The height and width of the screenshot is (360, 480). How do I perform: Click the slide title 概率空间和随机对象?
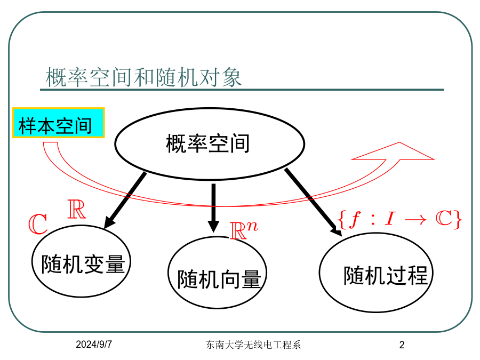click(x=143, y=77)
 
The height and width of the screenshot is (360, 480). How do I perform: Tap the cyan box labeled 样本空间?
click(x=59, y=123)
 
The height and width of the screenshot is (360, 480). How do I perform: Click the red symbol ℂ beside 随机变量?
click(x=38, y=224)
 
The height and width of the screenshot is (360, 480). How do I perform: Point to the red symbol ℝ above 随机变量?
click(x=76, y=209)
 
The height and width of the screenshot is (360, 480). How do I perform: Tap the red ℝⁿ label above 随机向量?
click(x=244, y=230)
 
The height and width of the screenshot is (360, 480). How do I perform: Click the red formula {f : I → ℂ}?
click(x=399, y=219)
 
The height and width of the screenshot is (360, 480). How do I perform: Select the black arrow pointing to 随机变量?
click(x=125, y=201)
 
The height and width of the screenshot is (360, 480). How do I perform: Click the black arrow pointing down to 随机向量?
click(x=213, y=208)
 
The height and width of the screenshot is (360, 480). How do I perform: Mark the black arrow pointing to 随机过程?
click(x=314, y=202)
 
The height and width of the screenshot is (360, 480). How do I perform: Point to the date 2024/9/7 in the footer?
click(x=94, y=345)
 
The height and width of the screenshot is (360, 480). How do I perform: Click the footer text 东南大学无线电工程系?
click(x=253, y=345)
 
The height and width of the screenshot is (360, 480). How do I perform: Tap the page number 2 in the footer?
click(x=402, y=345)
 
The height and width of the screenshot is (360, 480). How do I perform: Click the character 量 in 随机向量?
click(x=251, y=279)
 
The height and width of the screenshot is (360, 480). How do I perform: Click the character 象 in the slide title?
click(x=232, y=77)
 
